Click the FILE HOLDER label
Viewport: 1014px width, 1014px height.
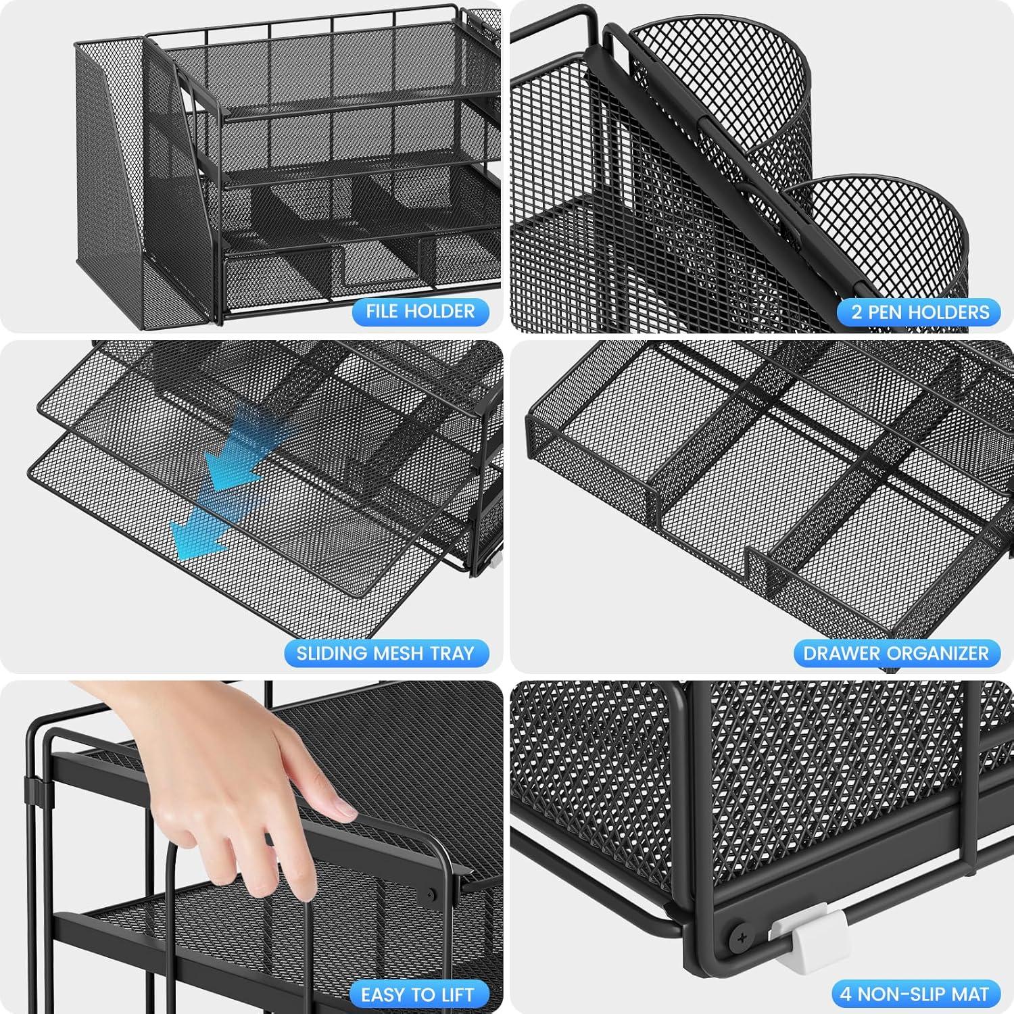tap(420, 312)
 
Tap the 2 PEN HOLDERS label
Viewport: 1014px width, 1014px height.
tap(919, 312)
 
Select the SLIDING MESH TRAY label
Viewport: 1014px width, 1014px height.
tap(385, 654)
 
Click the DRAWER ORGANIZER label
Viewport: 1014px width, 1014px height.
tap(896, 654)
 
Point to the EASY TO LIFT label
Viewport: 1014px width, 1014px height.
tap(417, 994)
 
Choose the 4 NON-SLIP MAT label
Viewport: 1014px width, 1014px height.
tap(915, 994)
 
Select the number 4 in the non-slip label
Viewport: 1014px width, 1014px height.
tap(846, 994)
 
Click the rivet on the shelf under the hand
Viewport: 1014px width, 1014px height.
tap(431, 894)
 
